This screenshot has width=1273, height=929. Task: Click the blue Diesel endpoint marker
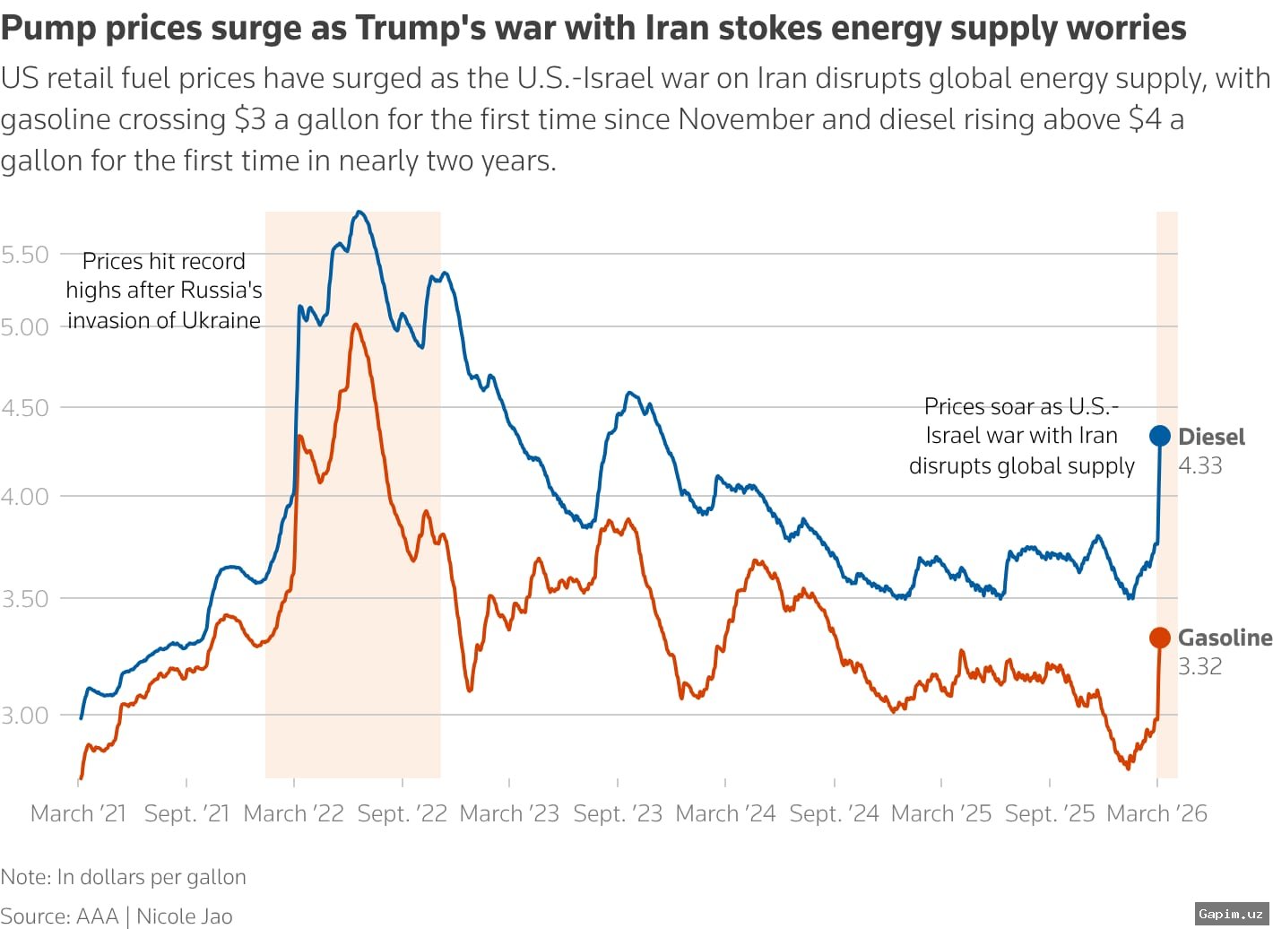point(1159,436)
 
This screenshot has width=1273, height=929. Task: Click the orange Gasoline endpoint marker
point(1159,638)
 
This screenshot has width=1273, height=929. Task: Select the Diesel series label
point(1211,437)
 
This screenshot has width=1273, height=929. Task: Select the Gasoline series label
point(1225,638)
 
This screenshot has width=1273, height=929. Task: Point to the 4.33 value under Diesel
point(1199,465)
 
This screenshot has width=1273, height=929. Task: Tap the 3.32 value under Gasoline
point(1199,666)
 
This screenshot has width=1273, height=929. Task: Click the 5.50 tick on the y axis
point(25,255)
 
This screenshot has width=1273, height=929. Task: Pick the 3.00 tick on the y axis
point(25,715)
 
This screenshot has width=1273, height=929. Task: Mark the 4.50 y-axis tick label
point(25,408)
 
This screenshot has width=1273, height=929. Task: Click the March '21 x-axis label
point(79,813)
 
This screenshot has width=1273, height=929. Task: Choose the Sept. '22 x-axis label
point(402,813)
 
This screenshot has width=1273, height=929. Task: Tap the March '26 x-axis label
point(1156,813)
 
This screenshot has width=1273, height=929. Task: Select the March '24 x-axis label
point(725,813)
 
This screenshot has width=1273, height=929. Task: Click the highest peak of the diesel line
point(359,213)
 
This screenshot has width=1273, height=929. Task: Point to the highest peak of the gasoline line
point(356,325)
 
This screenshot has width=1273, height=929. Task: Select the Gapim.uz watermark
point(1231,914)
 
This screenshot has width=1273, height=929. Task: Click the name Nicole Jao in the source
point(184,916)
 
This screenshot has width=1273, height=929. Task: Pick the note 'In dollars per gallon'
point(151,877)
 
